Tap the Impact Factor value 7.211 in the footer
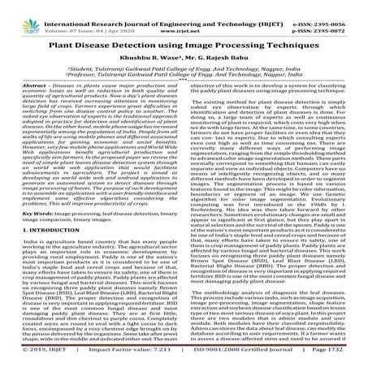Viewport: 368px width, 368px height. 170,356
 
